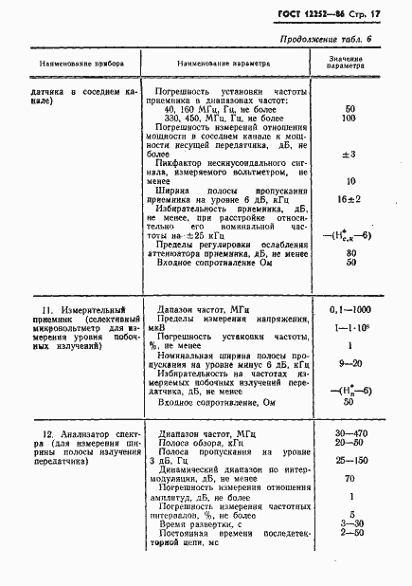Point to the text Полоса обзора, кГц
click(205, 442)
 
